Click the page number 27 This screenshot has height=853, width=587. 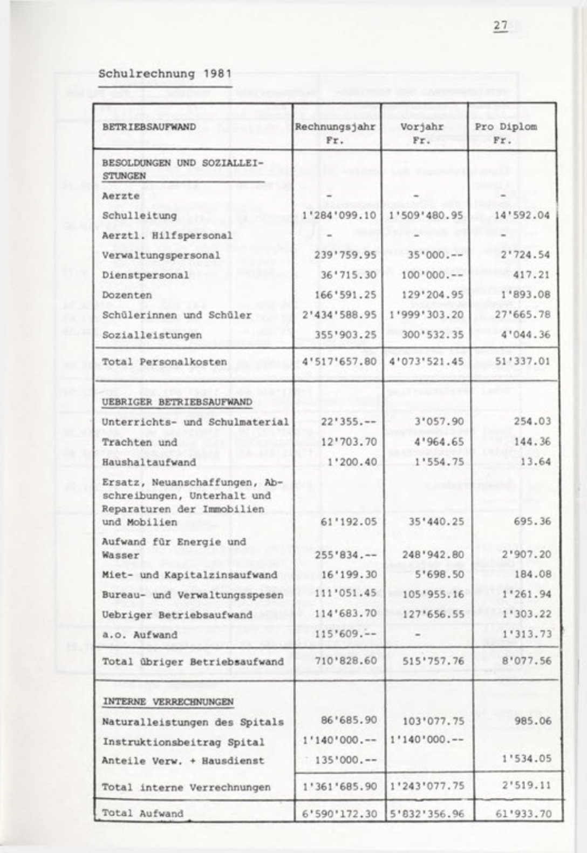point(501,26)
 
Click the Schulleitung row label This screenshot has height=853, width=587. point(139,216)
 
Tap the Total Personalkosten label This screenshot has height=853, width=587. point(165,362)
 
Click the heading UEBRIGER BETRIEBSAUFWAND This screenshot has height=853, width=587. point(177,402)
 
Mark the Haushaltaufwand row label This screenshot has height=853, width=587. point(141,462)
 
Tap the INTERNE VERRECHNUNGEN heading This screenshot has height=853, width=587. point(168,702)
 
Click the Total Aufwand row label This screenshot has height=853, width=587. point(142,814)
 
